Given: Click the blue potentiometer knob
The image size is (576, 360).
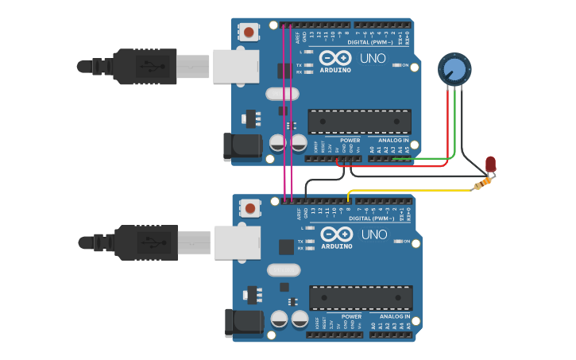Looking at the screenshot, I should pos(454,69).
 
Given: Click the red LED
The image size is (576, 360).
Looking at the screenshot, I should pos(490,164).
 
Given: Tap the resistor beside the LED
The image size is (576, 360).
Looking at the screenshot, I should pos(481,184).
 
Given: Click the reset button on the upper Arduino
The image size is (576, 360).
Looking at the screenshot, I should pos(249,33).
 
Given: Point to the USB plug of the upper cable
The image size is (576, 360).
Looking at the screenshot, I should pos(143,66).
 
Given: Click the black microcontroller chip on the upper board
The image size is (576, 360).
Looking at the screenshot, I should pos(359,122).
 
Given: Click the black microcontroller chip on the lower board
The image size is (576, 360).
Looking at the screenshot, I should pos(361,298).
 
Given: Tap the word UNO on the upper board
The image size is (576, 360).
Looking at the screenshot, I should pos(373,58).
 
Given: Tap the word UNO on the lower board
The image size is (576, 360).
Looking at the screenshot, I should pos(374,234).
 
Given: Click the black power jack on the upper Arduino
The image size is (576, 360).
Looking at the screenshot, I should pos(242,147).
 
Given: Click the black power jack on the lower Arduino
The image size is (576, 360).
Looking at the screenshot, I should pos(243,323).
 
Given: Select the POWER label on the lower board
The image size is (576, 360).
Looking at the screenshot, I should pos(351,316).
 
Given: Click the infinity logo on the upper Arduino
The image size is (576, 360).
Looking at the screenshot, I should pos(336,58).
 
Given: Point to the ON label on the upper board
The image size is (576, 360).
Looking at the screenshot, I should pos(405,65).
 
